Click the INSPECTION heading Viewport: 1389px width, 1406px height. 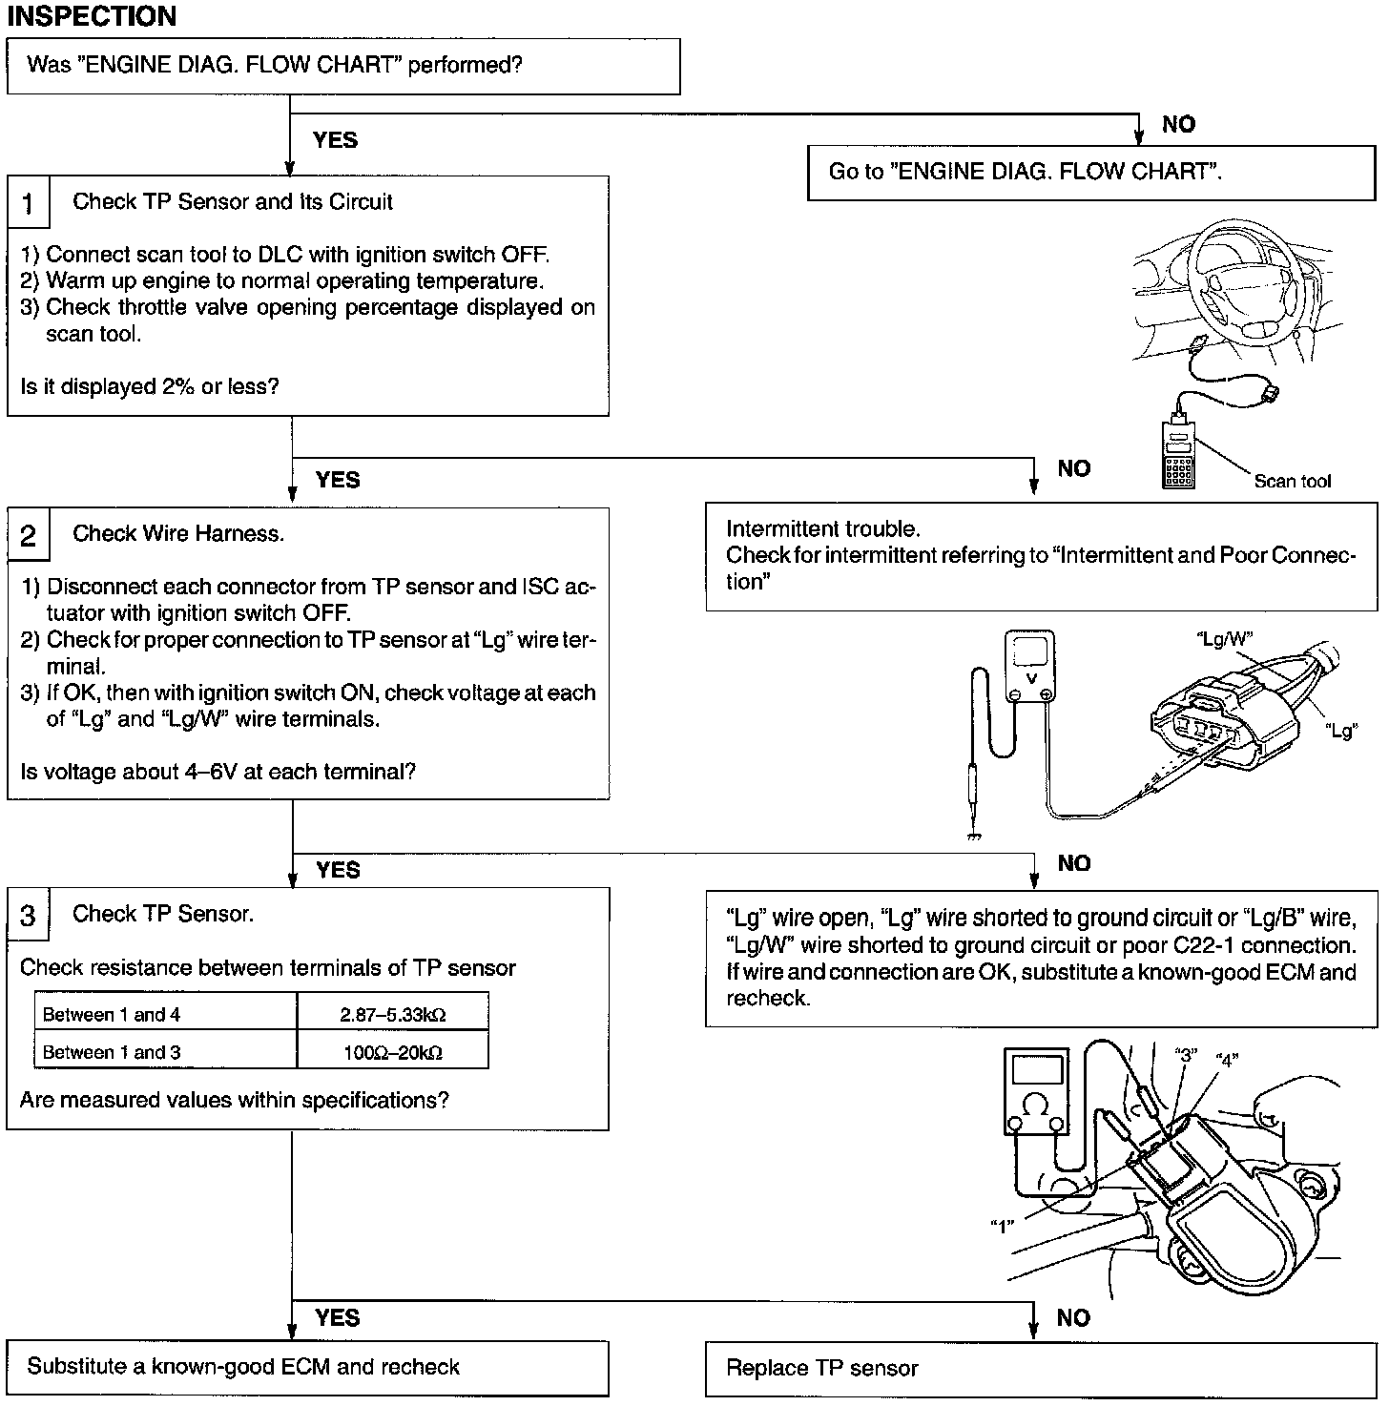coord(92,16)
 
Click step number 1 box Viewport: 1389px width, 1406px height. coord(28,203)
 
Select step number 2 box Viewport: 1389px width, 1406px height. coord(28,535)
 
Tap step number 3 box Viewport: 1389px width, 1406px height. coord(28,916)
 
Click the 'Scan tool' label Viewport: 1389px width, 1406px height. coord(1292,482)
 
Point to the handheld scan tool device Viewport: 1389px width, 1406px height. coord(1179,454)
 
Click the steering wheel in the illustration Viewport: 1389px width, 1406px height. coord(1241,286)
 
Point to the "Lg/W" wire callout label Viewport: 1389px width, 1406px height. coord(1224,639)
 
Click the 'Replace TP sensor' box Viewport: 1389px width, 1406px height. coord(1039,1369)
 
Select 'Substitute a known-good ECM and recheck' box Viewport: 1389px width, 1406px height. coord(307,1367)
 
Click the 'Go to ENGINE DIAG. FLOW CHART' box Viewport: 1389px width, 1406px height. coord(1090,172)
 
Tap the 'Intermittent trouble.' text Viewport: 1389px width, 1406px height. coord(822,529)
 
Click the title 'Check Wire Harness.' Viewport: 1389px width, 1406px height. coord(178,534)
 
